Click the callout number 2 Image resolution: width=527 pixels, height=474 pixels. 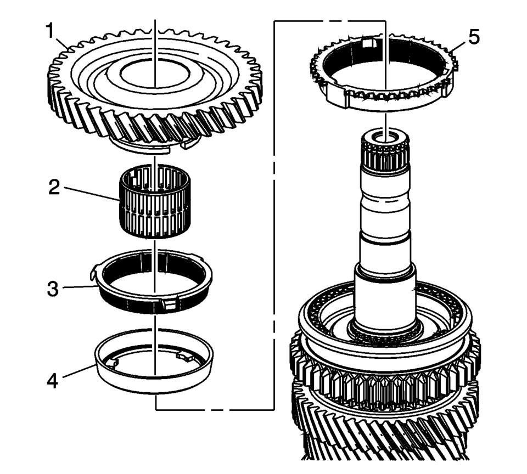[54, 188]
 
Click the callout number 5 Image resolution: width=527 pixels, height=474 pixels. [474, 37]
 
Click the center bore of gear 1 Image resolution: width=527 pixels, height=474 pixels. [155, 74]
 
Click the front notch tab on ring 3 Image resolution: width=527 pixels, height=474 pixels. [169, 303]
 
